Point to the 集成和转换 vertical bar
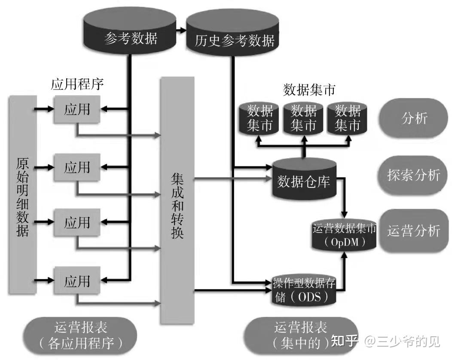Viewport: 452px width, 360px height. pos(177,200)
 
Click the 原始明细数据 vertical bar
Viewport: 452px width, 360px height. pos(22,197)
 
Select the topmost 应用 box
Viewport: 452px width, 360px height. pos(77,109)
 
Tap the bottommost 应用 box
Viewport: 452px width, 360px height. pos(77,281)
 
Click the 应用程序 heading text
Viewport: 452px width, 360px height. pos(77,83)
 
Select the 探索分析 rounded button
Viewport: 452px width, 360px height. pos(414,175)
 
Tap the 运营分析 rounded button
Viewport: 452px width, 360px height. pos(414,231)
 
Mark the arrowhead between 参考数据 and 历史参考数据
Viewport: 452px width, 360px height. pos(183,31)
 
